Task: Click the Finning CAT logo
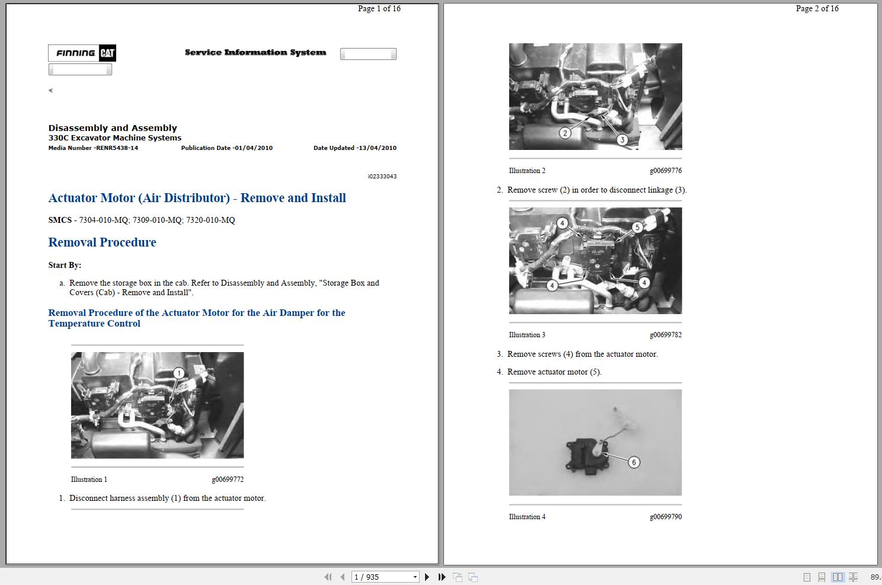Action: [82, 53]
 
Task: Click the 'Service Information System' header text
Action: [255, 53]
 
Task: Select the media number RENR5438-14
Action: [93, 148]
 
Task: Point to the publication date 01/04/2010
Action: [227, 148]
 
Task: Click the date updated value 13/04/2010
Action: [355, 148]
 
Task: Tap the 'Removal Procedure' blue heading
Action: [102, 242]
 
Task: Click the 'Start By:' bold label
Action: [65, 265]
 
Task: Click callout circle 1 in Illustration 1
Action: [179, 373]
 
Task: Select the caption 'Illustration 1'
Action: [89, 479]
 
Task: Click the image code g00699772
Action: [228, 479]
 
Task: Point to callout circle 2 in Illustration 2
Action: [565, 133]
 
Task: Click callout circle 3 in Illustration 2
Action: [622, 140]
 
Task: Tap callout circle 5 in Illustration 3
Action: [637, 227]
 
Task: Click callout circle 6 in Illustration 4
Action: [634, 462]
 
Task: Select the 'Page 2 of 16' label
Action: [817, 8]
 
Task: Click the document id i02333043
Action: [382, 177]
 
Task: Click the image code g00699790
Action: [666, 517]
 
